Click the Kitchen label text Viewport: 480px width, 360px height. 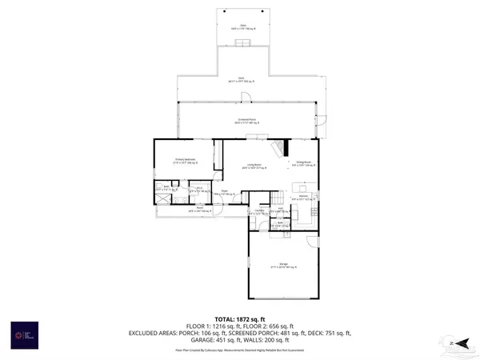tap(304, 196)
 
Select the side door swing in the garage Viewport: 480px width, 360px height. tap(313, 239)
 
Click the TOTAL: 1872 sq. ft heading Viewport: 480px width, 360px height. tap(239, 319)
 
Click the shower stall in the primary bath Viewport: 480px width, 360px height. tap(161, 198)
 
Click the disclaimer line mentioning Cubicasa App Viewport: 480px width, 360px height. tap(239, 350)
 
